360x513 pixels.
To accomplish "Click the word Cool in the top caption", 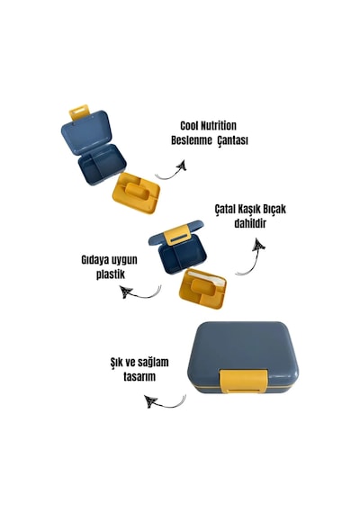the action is coord(189,126).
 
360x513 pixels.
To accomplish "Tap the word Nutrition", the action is coord(219,126).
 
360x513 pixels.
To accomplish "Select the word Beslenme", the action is coord(192,140).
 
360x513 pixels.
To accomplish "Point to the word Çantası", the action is coord(233,140).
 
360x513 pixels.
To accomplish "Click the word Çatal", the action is coord(226,209).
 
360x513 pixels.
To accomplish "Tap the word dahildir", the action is coord(250,224).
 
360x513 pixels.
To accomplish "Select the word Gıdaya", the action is coord(94,260).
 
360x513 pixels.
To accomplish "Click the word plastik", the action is coord(111,274).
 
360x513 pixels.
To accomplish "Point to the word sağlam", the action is coord(153,363).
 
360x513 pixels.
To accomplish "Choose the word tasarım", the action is coord(139,376).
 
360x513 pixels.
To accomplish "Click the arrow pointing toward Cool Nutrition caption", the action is coord(171,174).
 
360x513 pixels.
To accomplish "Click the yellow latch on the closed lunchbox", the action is coord(244,382).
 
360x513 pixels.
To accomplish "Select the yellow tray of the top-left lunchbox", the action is coord(136,193).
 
